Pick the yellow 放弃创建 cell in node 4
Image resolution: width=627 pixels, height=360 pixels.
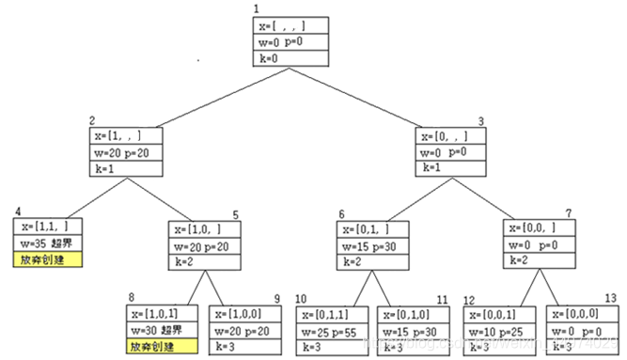(47, 258)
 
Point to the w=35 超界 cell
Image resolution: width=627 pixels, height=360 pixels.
(47, 243)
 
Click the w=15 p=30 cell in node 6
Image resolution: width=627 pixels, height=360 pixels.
(373, 245)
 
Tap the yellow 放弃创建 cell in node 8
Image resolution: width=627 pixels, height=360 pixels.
(164, 347)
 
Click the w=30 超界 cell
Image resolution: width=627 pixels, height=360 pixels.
(164, 331)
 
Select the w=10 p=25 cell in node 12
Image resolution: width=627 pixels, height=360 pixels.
(499, 331)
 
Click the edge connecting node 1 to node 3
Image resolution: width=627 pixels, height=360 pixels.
(387, 98)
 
